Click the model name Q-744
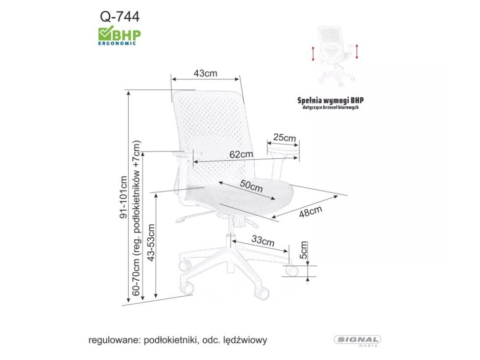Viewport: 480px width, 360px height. [120, 17]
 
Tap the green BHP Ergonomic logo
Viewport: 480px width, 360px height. [120, 35]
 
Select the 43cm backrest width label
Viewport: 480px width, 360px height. [205, 73]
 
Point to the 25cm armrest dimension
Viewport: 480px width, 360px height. [285, 138]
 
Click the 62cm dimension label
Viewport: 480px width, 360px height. [241, 154]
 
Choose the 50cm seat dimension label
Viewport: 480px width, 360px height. [251, 186]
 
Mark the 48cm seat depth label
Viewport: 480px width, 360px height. [310, 212]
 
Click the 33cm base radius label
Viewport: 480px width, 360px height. [263, 240]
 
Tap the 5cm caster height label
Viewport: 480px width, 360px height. [304, 250]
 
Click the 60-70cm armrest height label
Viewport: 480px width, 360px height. [137, 223]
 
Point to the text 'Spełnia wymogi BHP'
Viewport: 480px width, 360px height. [331, 100]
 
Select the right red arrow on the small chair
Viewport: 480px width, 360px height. [358, 51]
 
